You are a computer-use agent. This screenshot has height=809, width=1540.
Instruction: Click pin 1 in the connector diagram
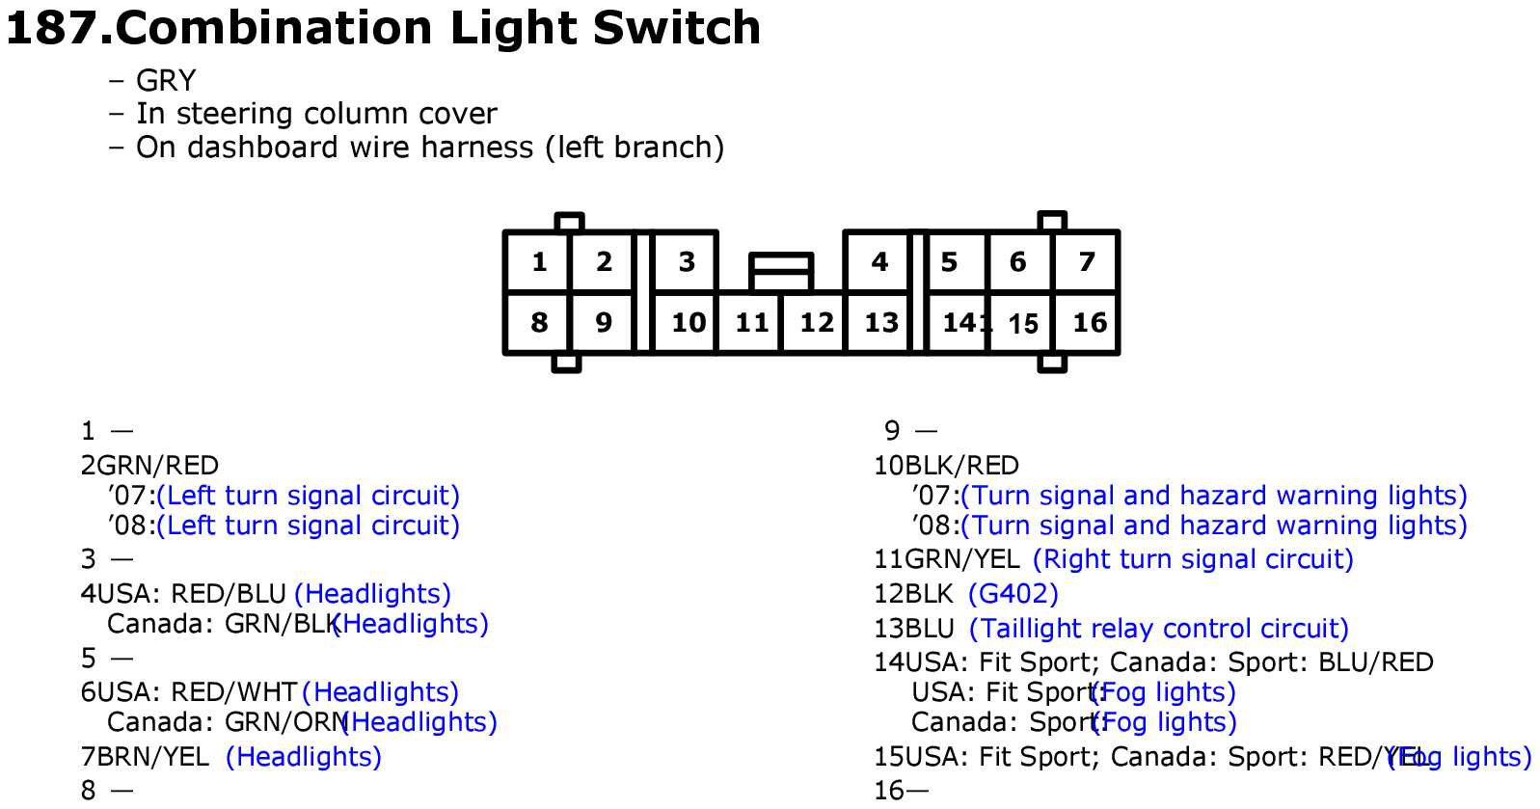pos(539,261)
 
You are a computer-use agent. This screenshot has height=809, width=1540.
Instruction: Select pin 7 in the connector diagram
pos(1087,261)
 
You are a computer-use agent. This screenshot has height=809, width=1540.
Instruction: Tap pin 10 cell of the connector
pos(688,322)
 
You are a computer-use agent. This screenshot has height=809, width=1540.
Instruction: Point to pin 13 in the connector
pos(880,322)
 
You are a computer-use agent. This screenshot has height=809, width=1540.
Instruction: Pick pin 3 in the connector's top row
pos(687,261)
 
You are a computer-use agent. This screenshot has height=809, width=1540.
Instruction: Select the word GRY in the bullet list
pos(166,80)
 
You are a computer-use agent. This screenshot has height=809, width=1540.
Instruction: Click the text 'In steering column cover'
pos(316,114)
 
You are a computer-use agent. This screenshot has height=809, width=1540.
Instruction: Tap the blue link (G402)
pos(1013,593)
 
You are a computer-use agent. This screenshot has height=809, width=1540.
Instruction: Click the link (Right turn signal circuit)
pos(1193,558)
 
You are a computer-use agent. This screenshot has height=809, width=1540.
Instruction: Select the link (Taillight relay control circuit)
pos(1158,628)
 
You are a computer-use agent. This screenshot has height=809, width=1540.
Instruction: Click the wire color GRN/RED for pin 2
pos(158,465)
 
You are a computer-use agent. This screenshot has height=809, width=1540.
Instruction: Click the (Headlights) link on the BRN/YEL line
pos(303,756)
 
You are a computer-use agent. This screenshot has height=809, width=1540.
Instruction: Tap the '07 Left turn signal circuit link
pos(308,495)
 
